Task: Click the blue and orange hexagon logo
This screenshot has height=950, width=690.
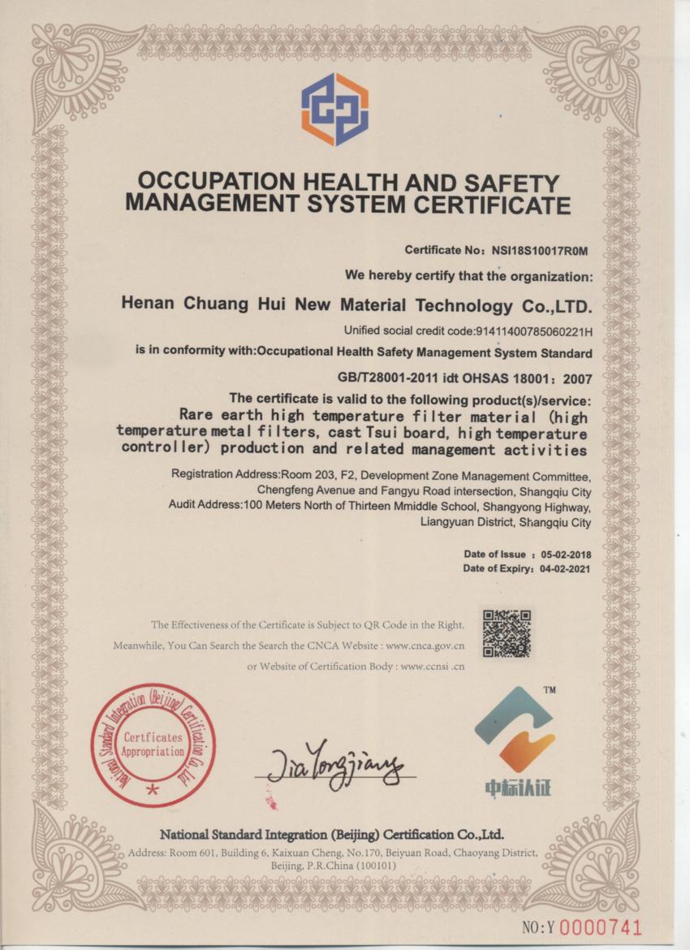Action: pyautogui.click(x=334, y=109)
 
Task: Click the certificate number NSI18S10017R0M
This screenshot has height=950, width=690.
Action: pyautogui.click(x=539, y=250)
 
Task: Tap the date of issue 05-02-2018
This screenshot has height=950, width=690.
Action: pyautogui.click(x=566, y=555)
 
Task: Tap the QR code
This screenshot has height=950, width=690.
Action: pyautogui.click(x=507, y=633)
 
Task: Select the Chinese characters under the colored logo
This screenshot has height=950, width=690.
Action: pyautogui.click(x=517, y=788)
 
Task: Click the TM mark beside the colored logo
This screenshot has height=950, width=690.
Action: pyautogui.click(x=549, y=690)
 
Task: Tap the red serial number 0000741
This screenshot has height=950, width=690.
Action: pyautogui.click(x=602, y=927)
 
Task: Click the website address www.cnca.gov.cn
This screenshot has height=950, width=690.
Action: pyautogui.click(x=425, y=646)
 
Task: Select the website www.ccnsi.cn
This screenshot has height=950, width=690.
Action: pyautogui.click(x=432, y=667)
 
